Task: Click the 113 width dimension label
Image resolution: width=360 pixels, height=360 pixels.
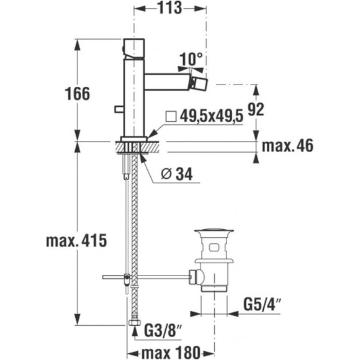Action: pyautogui.click(x=169, y=8)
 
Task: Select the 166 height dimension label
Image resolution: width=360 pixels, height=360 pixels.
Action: pyautogui.click(x=78, y=94)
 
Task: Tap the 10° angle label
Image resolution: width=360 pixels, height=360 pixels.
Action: pyautogui.click(x=191, y=59)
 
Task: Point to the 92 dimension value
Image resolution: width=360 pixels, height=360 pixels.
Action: pyautogui.click(x=256, y=109)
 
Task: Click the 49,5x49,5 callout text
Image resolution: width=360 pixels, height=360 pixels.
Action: pyautogui.click(x=211, y=116)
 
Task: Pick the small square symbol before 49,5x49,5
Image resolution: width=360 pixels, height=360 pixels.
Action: pyautogui.click(x=171, y=117)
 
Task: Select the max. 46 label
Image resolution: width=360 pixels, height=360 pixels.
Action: pyautogui.click(x=287, y=146)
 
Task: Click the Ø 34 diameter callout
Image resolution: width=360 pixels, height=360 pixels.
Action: pyautogui.click(x=177, y=174)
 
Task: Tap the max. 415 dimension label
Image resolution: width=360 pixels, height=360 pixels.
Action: pyautogui.click(x=77, y=241)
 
